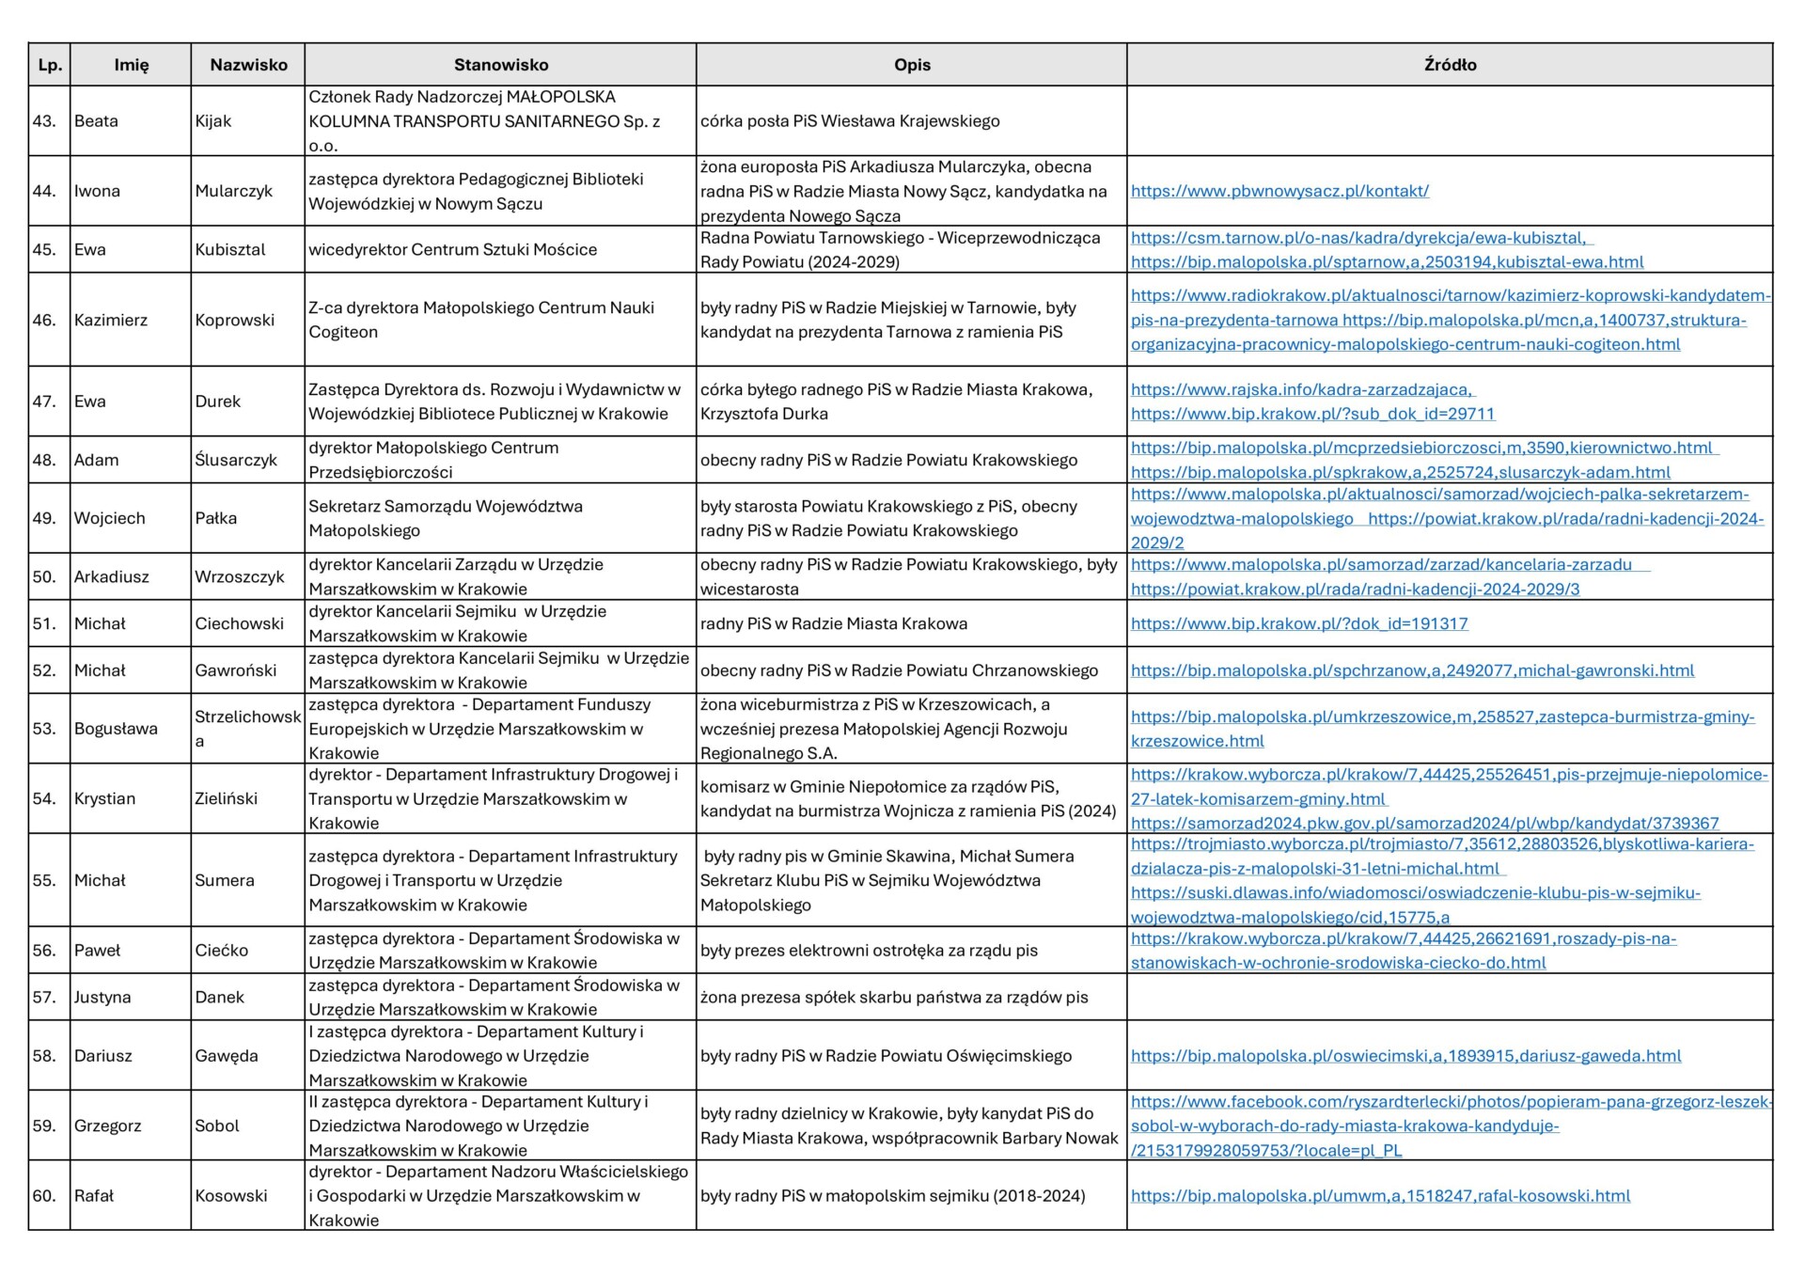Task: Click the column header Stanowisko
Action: pos(500,65)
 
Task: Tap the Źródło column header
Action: pos(1450,65)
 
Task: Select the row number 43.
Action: pos(44,121)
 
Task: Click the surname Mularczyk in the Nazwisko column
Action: pos(233,191)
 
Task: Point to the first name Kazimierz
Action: pos(111,320)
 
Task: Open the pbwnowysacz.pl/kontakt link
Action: pos(1279,191)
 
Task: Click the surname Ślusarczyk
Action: pos(236,460)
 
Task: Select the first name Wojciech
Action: pos(109,518)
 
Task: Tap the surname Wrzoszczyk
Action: pos(239,576)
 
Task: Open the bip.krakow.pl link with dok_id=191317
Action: pos(1299,623)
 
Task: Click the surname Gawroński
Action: pos(235,670)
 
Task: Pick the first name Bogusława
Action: pos(116,729)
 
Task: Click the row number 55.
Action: pos(44,880)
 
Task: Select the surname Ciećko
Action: pos(221,950)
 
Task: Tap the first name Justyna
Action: pos(102,997)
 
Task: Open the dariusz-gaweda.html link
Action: pos(1405,1056)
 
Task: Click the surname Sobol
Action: pos(217,1126)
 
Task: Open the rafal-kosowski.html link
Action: pos(1380,1196)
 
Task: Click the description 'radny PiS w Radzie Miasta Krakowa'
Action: pos(833,623)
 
